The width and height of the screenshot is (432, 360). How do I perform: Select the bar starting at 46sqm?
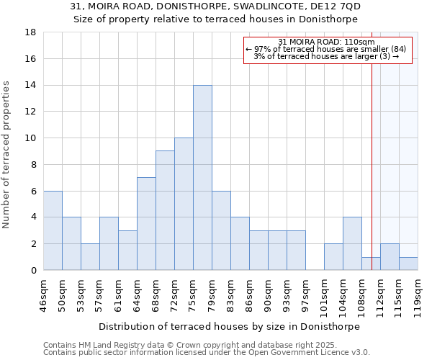(x=53, y=230)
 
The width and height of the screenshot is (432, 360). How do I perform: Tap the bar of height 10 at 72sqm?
(x=184, y=204)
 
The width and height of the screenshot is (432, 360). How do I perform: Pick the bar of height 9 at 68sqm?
(x=165, y=210)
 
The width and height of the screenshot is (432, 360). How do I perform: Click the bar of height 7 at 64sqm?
(x=146, y=224)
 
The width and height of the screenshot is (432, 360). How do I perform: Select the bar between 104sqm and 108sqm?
(x=352, y=244)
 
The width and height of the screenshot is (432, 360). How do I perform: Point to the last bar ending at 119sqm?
(x=408, y=264)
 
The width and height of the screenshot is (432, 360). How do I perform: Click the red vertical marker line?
(x=372, y=144)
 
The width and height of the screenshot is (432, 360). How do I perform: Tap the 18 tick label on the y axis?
(x=30, y=32)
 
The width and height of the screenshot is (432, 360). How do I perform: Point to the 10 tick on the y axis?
(x=30, y=138)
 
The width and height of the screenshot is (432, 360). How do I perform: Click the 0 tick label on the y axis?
(x=33, y=271)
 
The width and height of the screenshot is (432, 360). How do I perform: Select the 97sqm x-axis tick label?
(x=305, y=295)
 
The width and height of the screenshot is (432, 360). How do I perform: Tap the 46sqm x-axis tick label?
(x=43, y=295)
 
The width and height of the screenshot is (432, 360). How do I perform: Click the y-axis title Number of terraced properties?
(x=6, y=155)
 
